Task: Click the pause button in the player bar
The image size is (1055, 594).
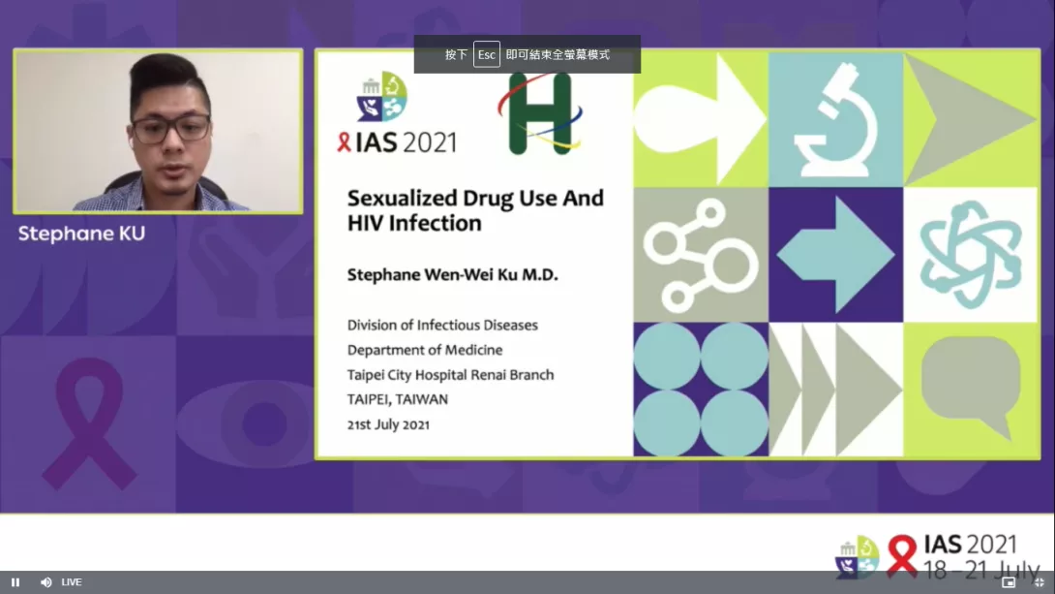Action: click(15, 582)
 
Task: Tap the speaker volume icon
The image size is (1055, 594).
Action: click(45, 582)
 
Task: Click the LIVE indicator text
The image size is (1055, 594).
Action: click(72, 582)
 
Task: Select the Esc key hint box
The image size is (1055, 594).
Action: click(487, 54)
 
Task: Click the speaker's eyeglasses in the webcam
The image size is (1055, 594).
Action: click(171, 128)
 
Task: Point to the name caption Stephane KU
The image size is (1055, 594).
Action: click(81, 234)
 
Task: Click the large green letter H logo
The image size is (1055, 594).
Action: click(540, 113)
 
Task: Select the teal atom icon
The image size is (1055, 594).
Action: click(970, 255)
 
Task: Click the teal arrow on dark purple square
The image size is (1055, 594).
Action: click(835, 255)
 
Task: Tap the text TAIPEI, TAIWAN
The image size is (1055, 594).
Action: click(398, 399)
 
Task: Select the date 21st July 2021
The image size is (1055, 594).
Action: click(388, 424)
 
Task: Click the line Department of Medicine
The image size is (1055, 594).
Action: click(425, 350)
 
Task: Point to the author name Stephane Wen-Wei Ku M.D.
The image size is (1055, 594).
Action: click(453, 275)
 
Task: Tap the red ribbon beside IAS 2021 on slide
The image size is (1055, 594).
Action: click(344, 142)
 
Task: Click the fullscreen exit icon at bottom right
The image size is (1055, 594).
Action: click(1039, 582)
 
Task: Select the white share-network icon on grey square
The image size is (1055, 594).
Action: click(701, 255)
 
